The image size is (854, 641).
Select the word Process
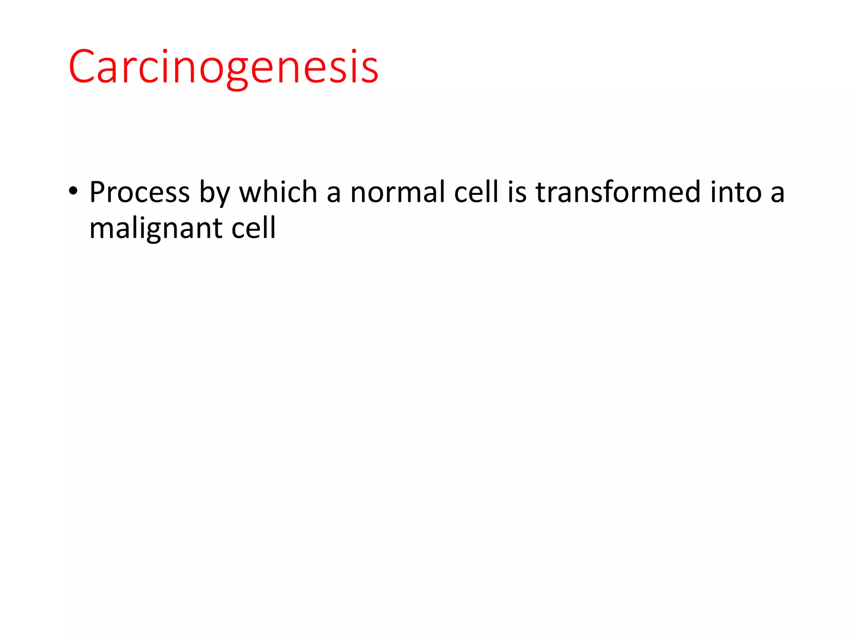tap(140, 192)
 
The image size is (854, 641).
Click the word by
tap(214, 194)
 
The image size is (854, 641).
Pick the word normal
tap(397, 192)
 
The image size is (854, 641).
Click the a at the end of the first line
tap(777, 194)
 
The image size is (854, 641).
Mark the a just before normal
tap(334, 194)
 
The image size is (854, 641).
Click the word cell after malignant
tap(253, 228)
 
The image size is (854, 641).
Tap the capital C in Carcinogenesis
tap(82, 67)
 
